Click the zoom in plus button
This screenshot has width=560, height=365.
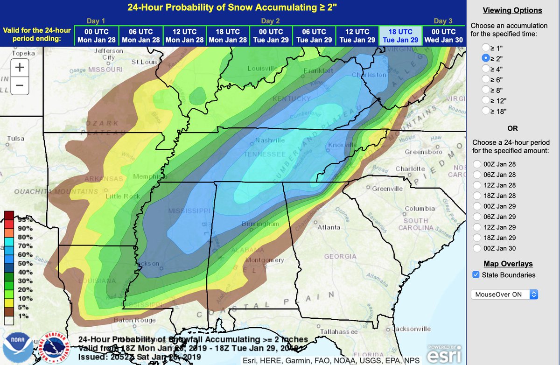coord(20,67)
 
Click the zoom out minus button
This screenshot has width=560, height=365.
coord(20,85)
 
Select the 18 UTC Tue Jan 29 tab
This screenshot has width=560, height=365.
coord(400,35)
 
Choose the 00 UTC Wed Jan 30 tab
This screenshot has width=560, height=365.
coord(443,35)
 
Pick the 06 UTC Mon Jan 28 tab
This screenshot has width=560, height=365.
coord(139,35)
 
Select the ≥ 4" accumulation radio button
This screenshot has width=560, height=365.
coord(486,69)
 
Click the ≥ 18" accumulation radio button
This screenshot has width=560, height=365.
coord(486,111)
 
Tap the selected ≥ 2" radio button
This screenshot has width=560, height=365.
coord(486,58)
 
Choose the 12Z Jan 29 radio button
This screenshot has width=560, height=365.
coord(477,227)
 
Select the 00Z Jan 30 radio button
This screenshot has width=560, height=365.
coord(477,248)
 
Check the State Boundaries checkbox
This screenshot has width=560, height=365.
coord(476,275)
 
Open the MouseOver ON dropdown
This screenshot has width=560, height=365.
coord(504,295)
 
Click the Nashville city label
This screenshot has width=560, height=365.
coord(270,140)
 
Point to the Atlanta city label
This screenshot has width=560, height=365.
coord(329,227)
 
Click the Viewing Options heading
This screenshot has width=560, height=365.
coord(512,10)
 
